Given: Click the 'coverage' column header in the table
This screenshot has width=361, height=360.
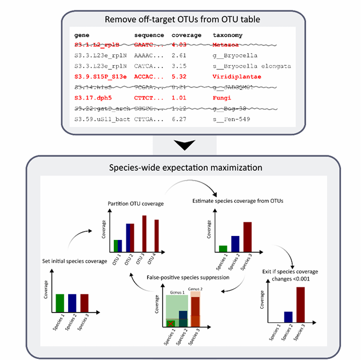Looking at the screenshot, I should pyautogui.click(x=186, y=35).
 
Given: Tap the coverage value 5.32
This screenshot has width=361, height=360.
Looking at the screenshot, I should pyautogui.click(x=180, y=77).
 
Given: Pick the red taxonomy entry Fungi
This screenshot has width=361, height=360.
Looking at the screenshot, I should pyautogui.click(x=223, y=98).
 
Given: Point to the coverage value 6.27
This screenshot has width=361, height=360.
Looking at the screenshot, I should pyautogui.click(x=180, y=119).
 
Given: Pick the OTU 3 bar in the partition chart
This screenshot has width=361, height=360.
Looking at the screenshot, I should pyautogui.click(x=144, y=234).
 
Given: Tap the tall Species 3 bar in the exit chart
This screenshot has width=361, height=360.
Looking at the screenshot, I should pyautogui.click(x=300, y=308).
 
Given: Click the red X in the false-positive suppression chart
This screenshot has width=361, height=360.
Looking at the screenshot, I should pyautogui.click(x=170, y=323).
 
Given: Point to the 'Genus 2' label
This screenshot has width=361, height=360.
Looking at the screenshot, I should pyautogui.click(x=195, y=289).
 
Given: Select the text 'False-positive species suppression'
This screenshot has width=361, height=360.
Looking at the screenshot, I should pyautogui.click(x=180, y=277).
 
